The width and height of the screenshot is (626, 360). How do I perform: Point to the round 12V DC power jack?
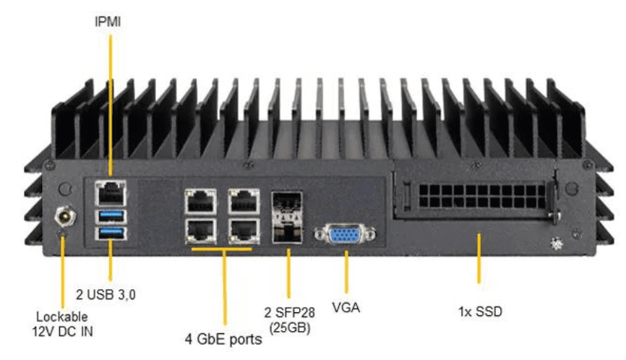click(x=62, y=215)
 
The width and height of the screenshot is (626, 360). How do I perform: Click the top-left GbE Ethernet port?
click(x=200, y=200)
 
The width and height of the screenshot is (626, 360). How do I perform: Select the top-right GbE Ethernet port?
click(x=244, y=200)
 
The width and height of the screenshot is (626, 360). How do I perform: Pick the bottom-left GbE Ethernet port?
click(x=200, y=230)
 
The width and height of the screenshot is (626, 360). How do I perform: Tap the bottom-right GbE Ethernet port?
click(x=244, y=230)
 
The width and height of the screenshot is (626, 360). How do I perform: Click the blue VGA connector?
click(x=345, y=236)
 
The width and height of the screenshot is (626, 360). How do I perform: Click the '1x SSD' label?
click(x=480, y=312)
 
